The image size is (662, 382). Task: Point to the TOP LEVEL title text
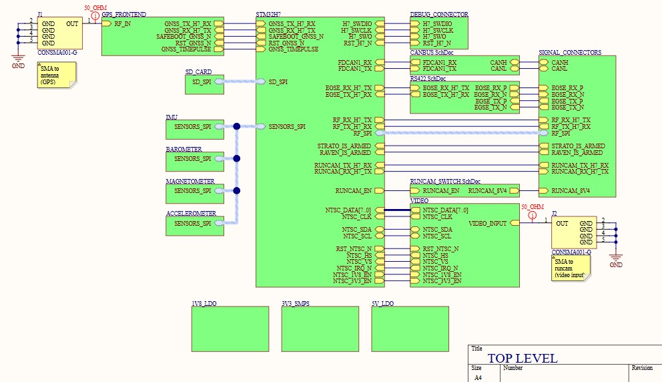click(522, 359)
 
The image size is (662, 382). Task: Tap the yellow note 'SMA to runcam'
click(570, 268)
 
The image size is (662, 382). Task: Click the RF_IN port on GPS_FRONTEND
click(122, 23)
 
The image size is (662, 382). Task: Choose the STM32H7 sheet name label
click(268, 14)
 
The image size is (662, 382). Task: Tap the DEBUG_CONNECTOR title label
click(439, 14)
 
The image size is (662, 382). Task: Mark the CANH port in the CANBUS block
click(498, 62)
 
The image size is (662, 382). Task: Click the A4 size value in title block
click(477, 377)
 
